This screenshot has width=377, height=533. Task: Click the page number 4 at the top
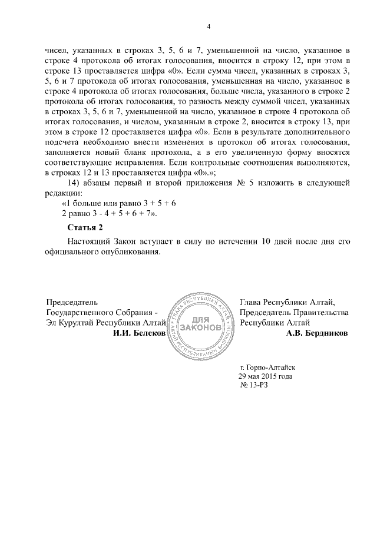(x=209, y=27)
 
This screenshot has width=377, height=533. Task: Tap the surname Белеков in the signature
(x=148, y=333)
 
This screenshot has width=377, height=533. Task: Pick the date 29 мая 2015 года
(x=264, y=376)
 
